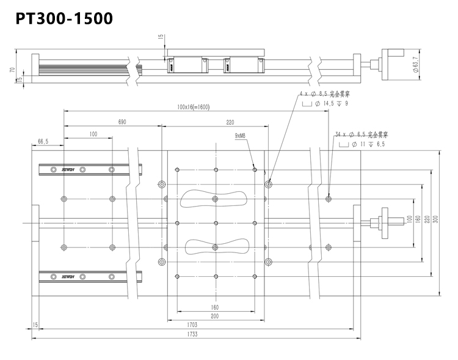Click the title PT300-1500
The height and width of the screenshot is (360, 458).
point(64,18)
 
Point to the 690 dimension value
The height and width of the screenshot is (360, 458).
point(122,122)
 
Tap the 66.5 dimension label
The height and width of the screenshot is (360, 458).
point(43,141)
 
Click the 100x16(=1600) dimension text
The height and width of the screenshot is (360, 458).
point(194,106)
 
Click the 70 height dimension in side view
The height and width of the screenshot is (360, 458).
point(12,70)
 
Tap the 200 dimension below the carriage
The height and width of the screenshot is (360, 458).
point(215,316)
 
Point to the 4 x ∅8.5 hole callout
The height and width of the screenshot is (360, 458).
point(324,95)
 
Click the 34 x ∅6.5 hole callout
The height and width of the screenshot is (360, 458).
point(362,134)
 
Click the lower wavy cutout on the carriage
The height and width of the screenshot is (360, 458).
point(213,247)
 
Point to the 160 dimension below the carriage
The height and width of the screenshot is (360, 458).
point(215,307)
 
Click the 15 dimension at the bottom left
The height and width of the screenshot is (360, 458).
point(35,325)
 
